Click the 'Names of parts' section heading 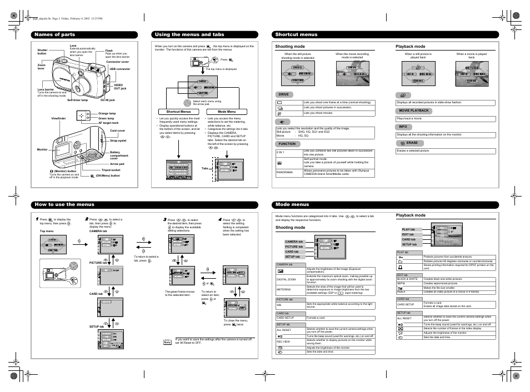tap(54, 34)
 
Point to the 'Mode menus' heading tap(292, 205)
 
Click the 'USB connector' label tap(120, 69)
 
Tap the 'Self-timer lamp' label tap(78, 100)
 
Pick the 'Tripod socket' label tap(111, 170)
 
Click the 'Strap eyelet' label tap(118, 140)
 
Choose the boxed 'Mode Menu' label tap(227, 112)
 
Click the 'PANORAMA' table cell tap(285, 173)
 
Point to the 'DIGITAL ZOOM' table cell tap(287, 279)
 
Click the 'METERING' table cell tap(284, 289)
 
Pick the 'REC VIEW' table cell tap(283, 341)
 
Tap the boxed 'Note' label tap(167, 342)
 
